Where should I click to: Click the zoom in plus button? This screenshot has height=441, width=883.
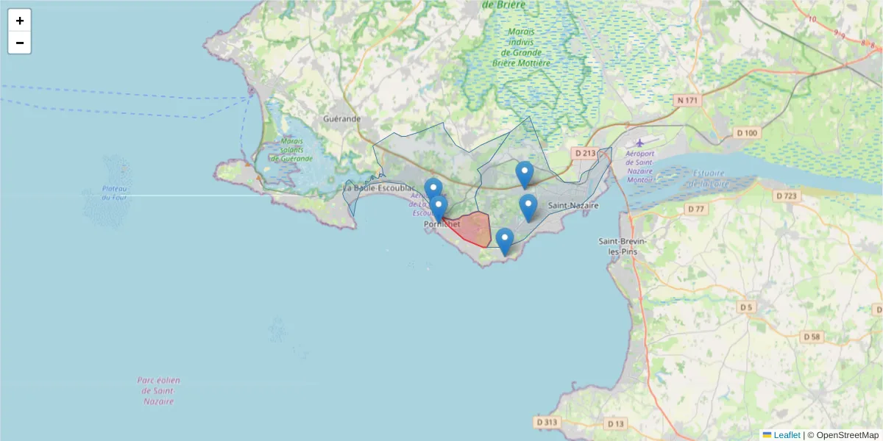tap(20, 21)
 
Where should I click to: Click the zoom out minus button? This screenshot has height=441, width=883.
tap(20, 43)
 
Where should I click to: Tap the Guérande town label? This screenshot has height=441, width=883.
tap(342, 118)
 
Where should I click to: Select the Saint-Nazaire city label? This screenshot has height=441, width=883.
tap(574, 206)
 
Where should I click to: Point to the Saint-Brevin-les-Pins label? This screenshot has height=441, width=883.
tap(618, 246)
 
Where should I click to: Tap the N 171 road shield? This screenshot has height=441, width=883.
tap(689, 99)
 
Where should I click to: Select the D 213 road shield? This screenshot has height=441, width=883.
tap(584, 153)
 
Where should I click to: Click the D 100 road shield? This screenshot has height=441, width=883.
tap(746, 133)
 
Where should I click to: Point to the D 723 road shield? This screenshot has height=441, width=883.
tap(787, 196)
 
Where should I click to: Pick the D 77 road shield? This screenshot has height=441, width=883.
tap(695, 209)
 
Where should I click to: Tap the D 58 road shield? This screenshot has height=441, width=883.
tap(812, 337)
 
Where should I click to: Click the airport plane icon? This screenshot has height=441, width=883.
tap(639, 142)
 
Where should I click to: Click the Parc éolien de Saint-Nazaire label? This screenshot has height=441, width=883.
tap(158, 391)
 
